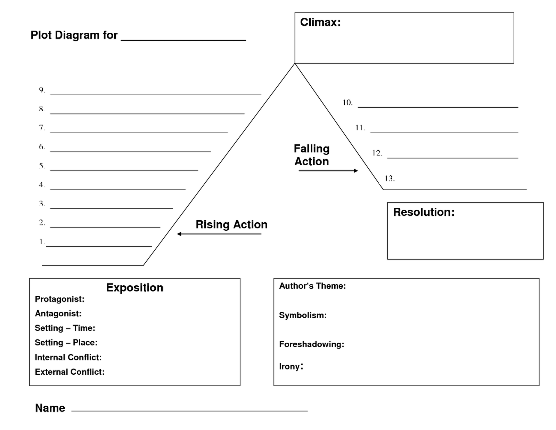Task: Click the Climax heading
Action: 320,22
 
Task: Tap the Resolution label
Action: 424,212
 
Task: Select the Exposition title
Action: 134,288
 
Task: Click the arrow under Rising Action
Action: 219,234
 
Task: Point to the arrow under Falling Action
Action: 328,170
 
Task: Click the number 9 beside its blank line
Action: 42,90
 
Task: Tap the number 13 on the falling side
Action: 389,178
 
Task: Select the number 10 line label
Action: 347,103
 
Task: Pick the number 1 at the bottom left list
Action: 42,242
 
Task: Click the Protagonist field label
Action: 59,299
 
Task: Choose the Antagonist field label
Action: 58,314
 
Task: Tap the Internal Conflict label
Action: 68,357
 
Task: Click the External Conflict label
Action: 69,372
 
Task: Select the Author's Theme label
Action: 312,286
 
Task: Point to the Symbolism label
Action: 303,316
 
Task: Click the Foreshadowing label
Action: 311,344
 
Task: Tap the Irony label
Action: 291,366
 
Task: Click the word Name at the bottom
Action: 50,408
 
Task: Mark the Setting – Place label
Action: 66,343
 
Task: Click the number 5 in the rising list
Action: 42,166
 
